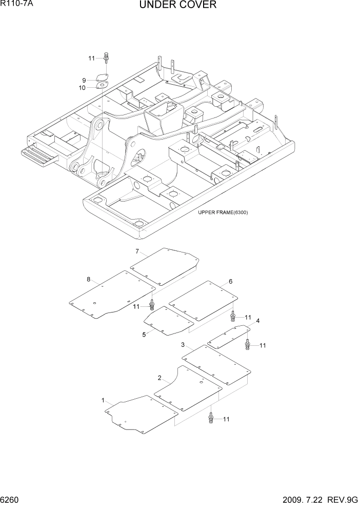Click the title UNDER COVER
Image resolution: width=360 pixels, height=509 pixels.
tap(177, 6)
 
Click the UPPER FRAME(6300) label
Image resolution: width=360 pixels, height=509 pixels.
tap(223, 212)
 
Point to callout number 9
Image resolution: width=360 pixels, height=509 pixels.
tap(84, 80)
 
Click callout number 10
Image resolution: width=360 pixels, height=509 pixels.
tap(82, 88)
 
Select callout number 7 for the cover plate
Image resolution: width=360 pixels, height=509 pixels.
tap(137, 251)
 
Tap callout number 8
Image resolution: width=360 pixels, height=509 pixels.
tap(88, 280)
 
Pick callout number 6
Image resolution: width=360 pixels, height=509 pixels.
tap(230, 281)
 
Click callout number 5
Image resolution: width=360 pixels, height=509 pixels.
tap(144, 334)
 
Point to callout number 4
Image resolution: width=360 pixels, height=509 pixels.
tap(257, 321)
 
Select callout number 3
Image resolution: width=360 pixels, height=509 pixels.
tap(183, 345)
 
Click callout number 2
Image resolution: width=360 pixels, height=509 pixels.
tap(159, 378)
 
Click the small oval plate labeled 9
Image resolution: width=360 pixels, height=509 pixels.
tap(103, 79)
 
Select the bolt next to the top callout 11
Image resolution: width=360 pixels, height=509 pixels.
tap(106, 58)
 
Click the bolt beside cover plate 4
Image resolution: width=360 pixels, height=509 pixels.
tap(248, 344)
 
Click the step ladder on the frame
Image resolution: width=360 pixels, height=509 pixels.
tap(39, 154)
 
